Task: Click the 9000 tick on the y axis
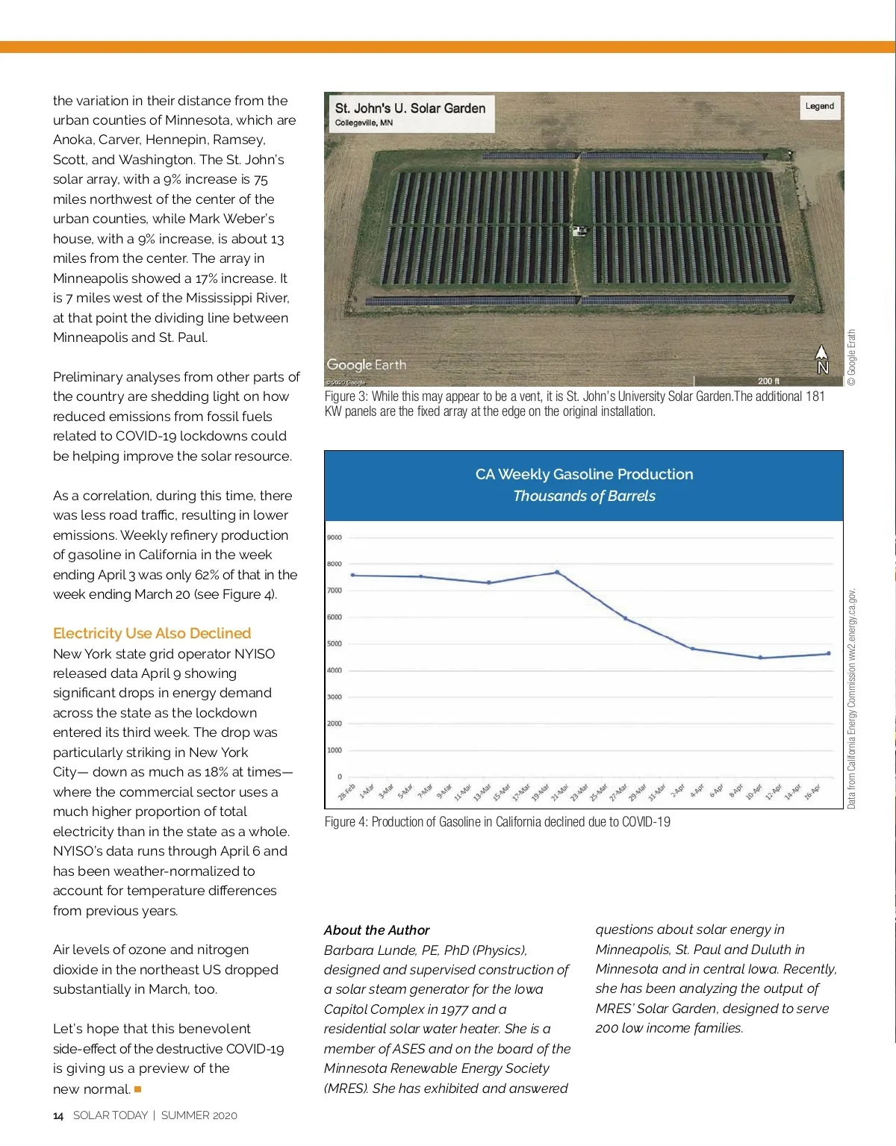point(334,538)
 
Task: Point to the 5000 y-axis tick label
point(334,644)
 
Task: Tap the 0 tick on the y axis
point(339,777)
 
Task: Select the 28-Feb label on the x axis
point(346,792)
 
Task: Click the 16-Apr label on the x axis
point(812,791)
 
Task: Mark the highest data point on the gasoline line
point(557,573)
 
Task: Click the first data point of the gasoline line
point(352,575)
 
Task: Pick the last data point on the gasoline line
point(828,654)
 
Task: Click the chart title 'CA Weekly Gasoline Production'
point(584,474)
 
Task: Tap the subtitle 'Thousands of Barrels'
point(584,496)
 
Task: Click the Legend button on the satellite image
point(819,106)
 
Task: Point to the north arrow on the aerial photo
point(821,359)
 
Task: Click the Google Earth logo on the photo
point(366,365)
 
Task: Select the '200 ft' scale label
point(768,381)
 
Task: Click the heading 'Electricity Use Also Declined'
point(152,633)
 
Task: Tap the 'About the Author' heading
point(376,930)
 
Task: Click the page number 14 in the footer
point(58,1115)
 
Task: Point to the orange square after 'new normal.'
point(137,1089)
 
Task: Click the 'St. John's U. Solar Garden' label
point(410,108)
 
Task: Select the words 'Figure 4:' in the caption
point(346,822)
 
